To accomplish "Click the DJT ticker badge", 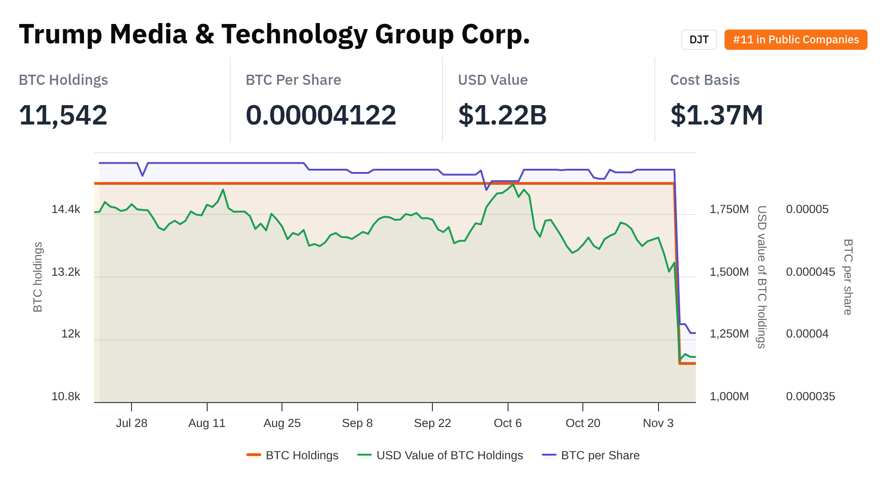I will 699,40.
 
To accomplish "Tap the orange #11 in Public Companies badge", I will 796,40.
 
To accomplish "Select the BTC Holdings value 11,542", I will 63,115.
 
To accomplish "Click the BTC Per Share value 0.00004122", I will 321,115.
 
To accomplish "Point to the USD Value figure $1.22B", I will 502,115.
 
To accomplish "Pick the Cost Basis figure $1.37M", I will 716,115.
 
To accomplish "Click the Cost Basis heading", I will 705,80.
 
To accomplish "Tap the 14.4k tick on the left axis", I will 66,209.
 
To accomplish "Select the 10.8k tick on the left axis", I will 66,397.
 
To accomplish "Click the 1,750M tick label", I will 729,209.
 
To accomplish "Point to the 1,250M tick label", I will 729,334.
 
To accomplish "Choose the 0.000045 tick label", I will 810,272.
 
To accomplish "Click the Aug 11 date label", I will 207,423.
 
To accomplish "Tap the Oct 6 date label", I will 508,423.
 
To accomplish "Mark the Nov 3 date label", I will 658,423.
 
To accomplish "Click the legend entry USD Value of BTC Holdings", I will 449,456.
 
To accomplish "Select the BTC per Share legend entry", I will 600,456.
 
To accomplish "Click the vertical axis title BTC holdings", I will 38,277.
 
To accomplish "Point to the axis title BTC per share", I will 848,277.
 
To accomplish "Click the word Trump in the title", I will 60,34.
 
